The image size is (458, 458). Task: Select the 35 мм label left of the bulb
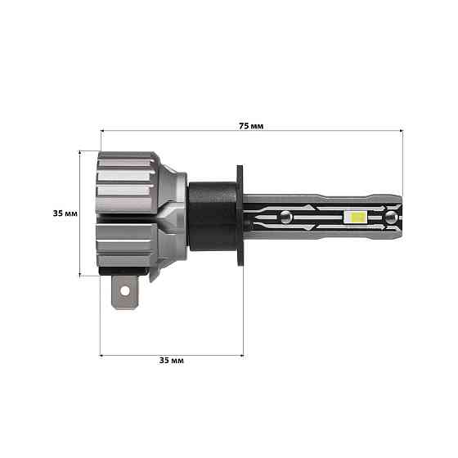tap(65, 213)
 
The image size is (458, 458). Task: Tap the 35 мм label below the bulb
tap(172, 361)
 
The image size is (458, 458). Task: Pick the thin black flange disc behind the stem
tap(242, 216)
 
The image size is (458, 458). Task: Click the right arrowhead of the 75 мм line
tap(401, 130)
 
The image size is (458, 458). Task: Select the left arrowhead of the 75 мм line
tap(102, 130)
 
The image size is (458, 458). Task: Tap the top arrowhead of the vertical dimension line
tap(80, 152)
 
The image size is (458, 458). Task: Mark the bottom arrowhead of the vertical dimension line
tap(80, 275)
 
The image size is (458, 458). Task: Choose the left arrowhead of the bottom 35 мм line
tap(102, 354)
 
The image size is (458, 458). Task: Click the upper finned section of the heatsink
tap(127, 180)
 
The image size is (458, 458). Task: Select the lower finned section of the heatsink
tap(127, 249)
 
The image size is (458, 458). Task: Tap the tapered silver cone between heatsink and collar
tap(173, 214)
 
